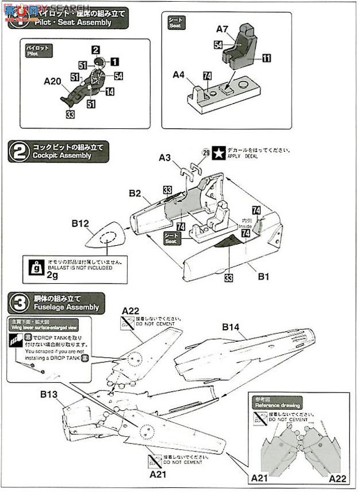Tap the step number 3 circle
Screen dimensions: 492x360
tap(18, 303)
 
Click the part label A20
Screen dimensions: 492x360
tap(52, 82)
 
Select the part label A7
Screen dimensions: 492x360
tap(223, 28)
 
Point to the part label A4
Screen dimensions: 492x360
tap(178, 75)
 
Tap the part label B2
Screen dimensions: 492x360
tap(135, 194)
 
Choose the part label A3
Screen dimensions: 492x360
tap(166, 157)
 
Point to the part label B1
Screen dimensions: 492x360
tap(263, 277)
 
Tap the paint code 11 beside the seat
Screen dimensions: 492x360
tap(267, 58)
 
